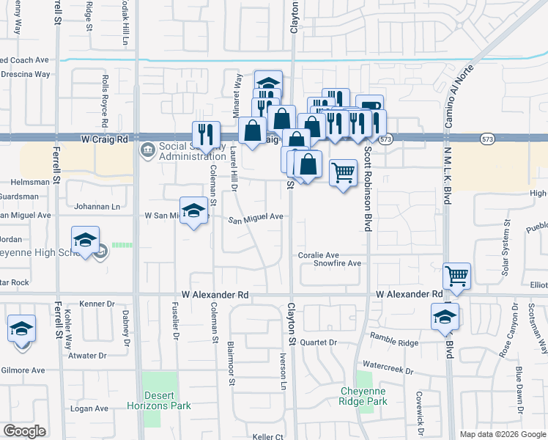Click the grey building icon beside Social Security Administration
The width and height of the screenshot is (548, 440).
[147, 150]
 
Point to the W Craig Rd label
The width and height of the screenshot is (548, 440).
[105, 139]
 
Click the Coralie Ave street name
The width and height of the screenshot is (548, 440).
[319, 254]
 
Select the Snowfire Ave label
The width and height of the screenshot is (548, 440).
[338, 263]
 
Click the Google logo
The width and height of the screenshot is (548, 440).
[24, 431]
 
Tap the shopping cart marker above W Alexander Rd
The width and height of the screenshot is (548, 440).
[456, 276]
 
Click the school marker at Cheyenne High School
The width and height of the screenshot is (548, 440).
[85, 240]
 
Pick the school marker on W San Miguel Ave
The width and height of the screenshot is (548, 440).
[192, 210]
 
